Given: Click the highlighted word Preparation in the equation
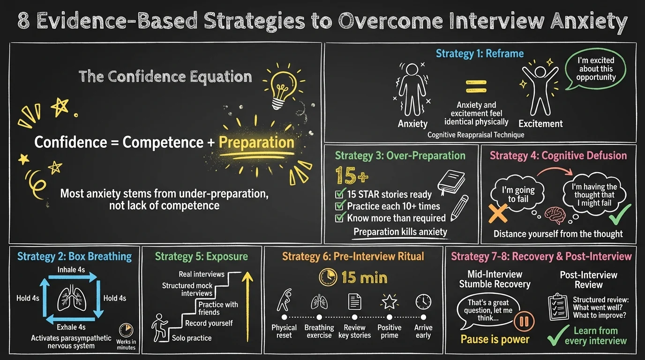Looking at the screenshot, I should tap(256, 142).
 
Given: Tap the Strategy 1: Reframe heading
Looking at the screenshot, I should tap(480, 53).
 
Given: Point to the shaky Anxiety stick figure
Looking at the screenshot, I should tap(412, 89).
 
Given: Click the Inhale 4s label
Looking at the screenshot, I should tap(71, 270).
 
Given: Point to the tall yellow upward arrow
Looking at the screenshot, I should tap(247, 307).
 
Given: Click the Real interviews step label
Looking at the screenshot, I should tap(202, 274).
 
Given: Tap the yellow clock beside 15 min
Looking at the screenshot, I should tap(328, 277).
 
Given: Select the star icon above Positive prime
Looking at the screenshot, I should tap(389, 302).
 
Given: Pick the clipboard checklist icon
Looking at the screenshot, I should tap(558, 307).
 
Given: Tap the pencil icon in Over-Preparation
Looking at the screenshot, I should tap(459, 208).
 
